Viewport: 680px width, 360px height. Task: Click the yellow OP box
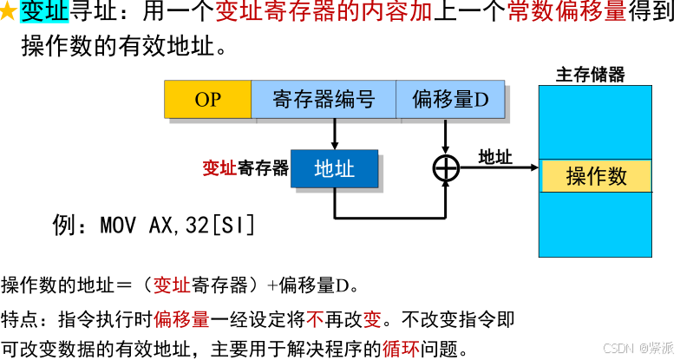coord(207,100)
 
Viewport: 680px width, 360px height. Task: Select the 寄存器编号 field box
coord(324,100)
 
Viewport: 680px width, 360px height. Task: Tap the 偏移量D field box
coord(450,100)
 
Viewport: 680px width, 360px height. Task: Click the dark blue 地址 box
coord(334,168)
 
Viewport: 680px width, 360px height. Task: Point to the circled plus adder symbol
coord(445,168)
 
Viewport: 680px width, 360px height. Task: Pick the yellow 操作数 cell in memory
coord(596,176)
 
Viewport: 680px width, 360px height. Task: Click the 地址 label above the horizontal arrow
coord(495,157)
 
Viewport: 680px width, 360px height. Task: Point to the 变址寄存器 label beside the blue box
coord(245,168)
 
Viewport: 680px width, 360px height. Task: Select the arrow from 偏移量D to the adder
coord(445,135)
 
